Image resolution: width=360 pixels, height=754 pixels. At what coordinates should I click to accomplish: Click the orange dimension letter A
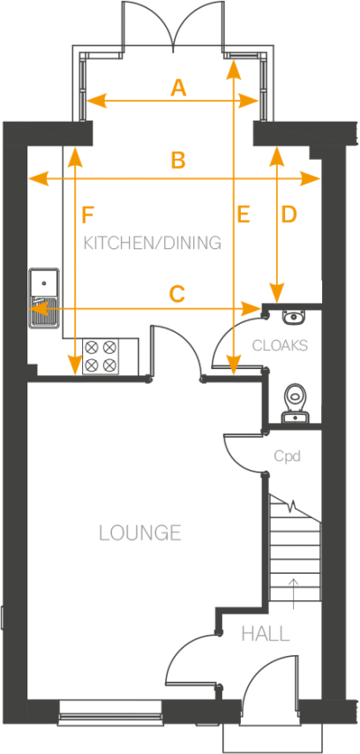coord(178,87)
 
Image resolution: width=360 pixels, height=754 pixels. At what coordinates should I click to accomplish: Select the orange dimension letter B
coord(178,161)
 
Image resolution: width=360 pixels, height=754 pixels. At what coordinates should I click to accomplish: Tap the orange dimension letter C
coord(177,295)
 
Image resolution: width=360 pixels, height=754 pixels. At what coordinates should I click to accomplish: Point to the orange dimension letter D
coord(289,215)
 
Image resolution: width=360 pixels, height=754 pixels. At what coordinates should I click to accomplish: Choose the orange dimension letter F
coord(86,215)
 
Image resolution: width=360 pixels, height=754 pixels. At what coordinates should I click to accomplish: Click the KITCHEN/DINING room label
coord(152,243)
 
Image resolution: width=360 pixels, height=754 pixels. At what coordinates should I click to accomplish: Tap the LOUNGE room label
coord(140,533)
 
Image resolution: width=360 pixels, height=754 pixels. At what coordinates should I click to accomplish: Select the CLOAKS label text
coord(280,345)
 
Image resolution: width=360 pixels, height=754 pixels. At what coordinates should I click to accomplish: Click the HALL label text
coord(266,634)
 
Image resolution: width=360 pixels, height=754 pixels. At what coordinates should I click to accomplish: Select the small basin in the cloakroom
coord(290,318)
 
